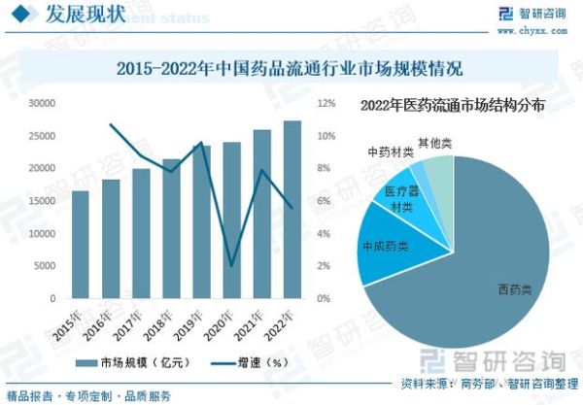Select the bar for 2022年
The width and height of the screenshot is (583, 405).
tap(291, 210)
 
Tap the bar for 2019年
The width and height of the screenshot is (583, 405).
tap(201, 222)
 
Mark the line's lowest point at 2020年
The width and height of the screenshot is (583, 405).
tap(231, 265)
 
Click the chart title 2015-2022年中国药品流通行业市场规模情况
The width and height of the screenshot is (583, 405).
tap(289, 69)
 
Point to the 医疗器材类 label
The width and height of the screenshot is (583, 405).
tap(399, 199)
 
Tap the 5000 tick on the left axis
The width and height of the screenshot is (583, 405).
tap(46, 266)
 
